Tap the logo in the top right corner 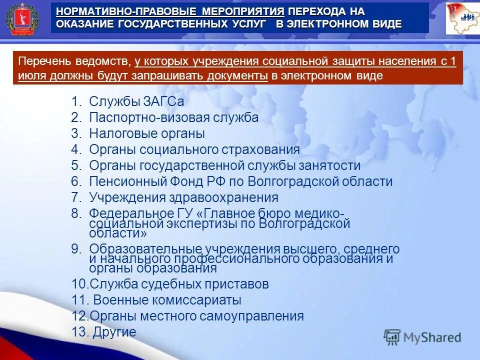pyautogui.click(x=462, y=19)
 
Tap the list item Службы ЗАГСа pyautogui.click(x=136, y=101)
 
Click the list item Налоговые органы pyautogui.click(x=147, y=133)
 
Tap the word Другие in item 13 pyautogui.click(x=114, y=332)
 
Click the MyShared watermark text pyautogui.click(x=432, y=337)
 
